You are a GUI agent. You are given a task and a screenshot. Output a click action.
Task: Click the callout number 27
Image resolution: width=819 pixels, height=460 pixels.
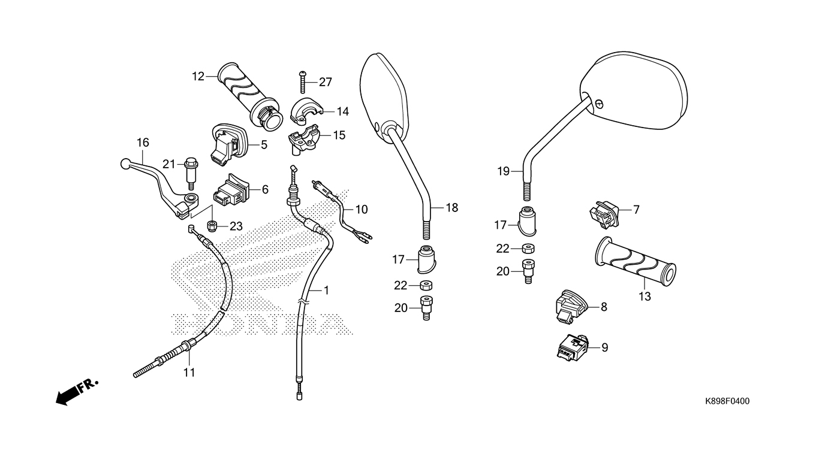tap(326, 82)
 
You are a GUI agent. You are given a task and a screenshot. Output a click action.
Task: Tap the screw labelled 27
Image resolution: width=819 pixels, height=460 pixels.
tap(303, 81)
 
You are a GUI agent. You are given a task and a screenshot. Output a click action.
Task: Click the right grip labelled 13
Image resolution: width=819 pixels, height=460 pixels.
tap(636, 262)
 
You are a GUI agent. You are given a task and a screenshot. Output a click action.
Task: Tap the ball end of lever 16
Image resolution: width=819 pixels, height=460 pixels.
tap(125, 162)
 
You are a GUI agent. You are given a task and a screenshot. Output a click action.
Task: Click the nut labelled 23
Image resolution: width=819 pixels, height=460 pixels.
tap(212, 226)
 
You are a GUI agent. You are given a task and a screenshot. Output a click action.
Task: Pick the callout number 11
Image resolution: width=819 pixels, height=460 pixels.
tap(189, 373)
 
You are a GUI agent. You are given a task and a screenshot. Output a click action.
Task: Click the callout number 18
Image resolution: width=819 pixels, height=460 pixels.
tap(451, 207)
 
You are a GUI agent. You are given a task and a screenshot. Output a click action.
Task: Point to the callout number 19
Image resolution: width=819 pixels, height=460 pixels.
tap(503, 171)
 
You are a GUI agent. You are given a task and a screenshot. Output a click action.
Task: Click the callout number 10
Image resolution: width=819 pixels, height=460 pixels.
tap(361, 210)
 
